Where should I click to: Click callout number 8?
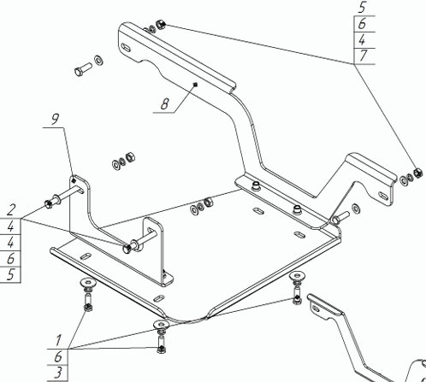tap(165, 103)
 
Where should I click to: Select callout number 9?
tap(55, 119)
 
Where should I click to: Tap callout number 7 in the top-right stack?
tap(363, 56)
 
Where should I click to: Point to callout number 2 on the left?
tap(11, 210)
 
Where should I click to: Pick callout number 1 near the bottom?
tap(58, 340)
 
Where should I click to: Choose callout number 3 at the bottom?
tap(58, 373)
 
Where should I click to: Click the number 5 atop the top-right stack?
tap(362, 8)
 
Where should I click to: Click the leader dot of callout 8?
tap(195, 84)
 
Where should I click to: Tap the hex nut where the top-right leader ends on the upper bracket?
tap(161, 24)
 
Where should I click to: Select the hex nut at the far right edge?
tap(417, 173)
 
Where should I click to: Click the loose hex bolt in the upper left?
tap(83, 69)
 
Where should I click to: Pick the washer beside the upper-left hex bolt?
tap(98, 60)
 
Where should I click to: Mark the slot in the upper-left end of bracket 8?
tap(126, 47)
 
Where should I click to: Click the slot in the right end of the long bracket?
tap(382, 196)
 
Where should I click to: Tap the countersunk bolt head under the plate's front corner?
tap(162, 324)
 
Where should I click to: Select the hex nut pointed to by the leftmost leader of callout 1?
tap(87, 307)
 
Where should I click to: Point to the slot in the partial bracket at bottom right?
tap(316, 308)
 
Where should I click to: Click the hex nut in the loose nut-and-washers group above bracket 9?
tap(130, 157)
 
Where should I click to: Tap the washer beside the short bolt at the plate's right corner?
tap(355, 209)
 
